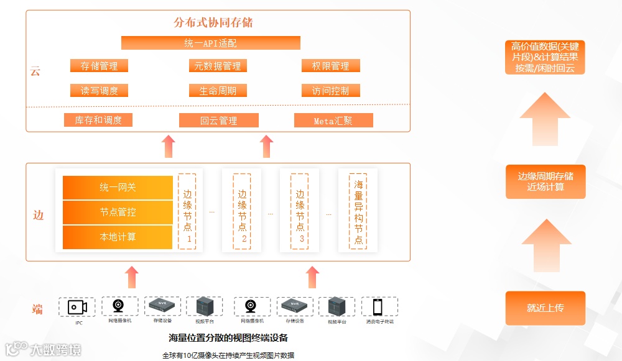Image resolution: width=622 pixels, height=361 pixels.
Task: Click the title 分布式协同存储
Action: [x=213, y=23]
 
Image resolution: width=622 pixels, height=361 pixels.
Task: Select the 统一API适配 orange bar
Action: [x=210, y=43]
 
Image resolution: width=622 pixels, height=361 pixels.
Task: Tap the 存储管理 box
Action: [x=99, y=66]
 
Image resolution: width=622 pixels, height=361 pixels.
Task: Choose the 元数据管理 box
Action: [x=217, y=66]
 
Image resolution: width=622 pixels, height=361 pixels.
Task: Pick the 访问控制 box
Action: [x=330, y=91]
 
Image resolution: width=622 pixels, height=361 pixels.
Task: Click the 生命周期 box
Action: [x=217, y=91]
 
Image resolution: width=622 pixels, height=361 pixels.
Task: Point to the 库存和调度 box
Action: [x=98, y=120]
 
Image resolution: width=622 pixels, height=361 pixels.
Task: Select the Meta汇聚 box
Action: [x=333, y=121]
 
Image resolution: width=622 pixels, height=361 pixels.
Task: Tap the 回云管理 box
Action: [x=218, y=121]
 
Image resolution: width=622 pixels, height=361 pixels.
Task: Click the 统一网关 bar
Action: [x=118, y=188]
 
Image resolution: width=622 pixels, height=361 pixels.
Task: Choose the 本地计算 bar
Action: [x=118, y=237]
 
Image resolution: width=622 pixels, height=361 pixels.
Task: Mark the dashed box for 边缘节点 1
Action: [x=187, y=212]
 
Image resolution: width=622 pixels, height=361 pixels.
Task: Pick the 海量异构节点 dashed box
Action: [x=358, y=212]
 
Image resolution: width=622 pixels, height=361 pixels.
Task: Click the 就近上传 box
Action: [x=545, y=308]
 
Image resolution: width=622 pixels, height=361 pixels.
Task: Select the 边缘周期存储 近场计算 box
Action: [x=545, y=181]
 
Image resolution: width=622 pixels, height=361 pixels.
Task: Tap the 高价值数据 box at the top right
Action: [x=545, y=57]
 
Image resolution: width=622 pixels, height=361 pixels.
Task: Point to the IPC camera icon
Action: [x=78, y=307]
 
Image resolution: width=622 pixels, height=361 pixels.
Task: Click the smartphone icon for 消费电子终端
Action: [x=378, y=307]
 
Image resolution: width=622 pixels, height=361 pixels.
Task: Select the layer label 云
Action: [x=35, y=71]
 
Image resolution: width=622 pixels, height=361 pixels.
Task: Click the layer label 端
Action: [x=38, y=309]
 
